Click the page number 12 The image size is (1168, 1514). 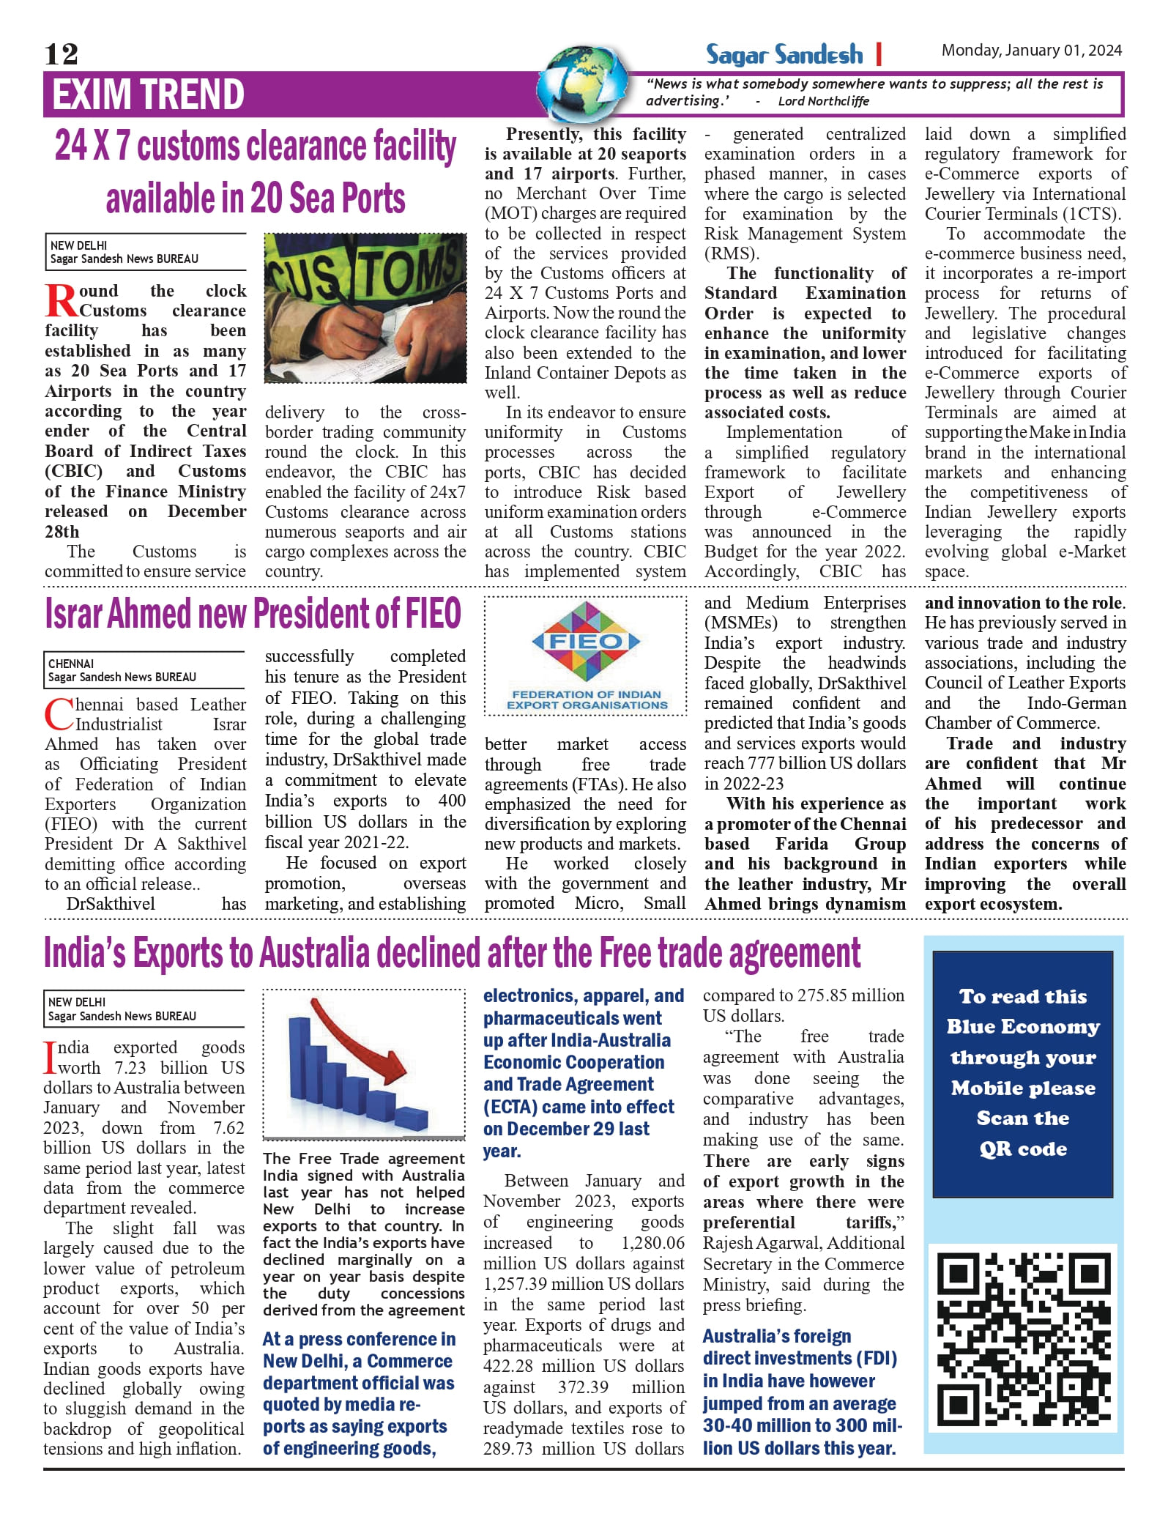coord(61,54)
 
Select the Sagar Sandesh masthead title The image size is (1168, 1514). coord(784,54)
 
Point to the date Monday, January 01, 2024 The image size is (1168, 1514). coord(1031,51)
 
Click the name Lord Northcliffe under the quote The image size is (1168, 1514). coord(823,101)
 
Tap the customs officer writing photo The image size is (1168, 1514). coord(365,308)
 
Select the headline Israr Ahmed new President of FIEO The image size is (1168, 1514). coord(253,614)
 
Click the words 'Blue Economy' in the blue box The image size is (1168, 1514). coord(1022,1027)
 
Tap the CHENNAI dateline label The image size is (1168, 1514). coord(71,664)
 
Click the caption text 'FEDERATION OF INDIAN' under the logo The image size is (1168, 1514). coord(586,694)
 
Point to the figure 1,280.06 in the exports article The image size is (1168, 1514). coord(652,1243)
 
